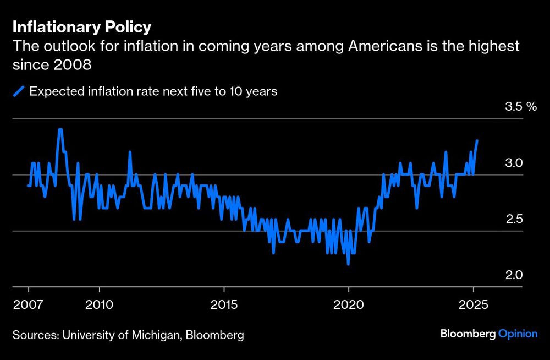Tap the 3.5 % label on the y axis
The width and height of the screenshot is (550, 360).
click(520, 107)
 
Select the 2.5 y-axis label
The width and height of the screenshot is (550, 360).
click(514, 220)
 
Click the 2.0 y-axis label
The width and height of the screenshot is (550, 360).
click(514, 276)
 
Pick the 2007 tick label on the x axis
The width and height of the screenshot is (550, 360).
click(28, 304)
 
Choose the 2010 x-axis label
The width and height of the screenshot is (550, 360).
click(99, 304)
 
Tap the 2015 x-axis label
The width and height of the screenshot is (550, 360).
click(224, 304)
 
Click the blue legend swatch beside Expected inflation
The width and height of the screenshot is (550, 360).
click(19, 91)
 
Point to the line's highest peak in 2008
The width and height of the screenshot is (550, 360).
click(60, 130)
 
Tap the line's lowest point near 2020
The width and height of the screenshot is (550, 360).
click(348, 264)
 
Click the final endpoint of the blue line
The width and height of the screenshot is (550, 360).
click(477, 141)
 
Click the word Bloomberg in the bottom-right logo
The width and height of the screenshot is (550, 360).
click(468, 334)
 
